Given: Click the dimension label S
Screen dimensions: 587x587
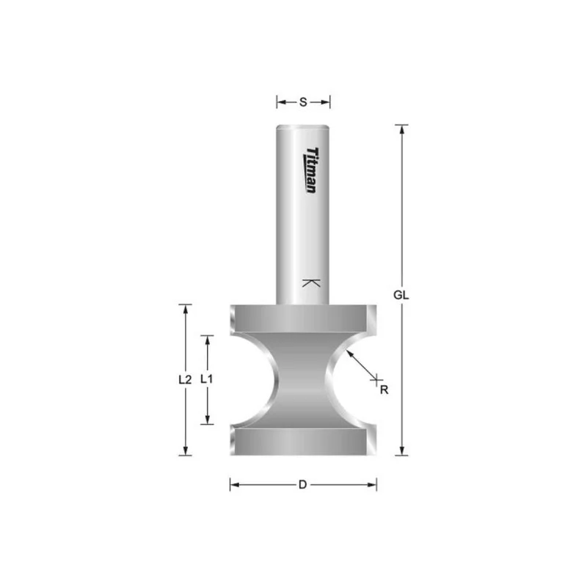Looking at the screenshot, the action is click(x=303, y=102).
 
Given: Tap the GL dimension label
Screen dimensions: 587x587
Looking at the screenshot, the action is click(x=401, y=295).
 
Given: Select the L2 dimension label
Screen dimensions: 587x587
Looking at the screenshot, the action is click(x=185, y=379).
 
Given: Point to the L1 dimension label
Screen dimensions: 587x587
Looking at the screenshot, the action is click(x=207, y=379).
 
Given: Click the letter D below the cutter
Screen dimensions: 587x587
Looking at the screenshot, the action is click(x=302, y=485).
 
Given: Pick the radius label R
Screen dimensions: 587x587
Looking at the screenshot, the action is click(x=384, y=390).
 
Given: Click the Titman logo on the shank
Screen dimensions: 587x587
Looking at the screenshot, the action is click(x=311, y=170).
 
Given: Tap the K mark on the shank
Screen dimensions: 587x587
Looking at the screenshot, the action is click(x=311, y=283).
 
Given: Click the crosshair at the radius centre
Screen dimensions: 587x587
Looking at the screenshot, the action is click(x=376, y=379).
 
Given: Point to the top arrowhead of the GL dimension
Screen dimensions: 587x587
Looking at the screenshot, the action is click(x=401, y=130).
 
